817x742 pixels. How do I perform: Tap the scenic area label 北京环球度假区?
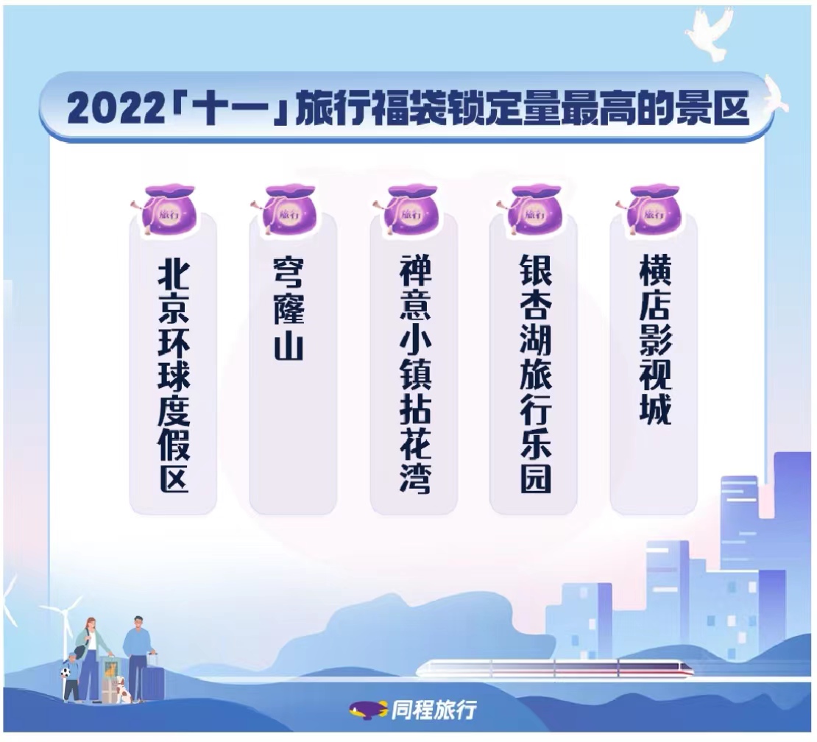[x=174, y=376]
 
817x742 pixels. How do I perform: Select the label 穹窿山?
[x=289, y=308]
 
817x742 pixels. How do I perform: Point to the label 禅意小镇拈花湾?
[x=414, y=375]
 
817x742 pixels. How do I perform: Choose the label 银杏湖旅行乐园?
[x=536, y=375]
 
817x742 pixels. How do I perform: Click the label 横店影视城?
[x=656, y=340]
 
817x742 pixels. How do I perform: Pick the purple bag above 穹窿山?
[x=286, y=209]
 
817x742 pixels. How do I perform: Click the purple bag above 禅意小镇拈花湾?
[x=408, y=209]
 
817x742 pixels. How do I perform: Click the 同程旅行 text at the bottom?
[x=434, y=710]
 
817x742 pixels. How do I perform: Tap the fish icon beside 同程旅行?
[x=368, y=709]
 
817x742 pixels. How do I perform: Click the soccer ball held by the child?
[x=66, y=673]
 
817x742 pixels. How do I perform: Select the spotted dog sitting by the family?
[x=124, y=690]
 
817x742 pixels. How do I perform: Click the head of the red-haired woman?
[x=90, y=624]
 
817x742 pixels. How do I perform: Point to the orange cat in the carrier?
[x=110, y=668]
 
